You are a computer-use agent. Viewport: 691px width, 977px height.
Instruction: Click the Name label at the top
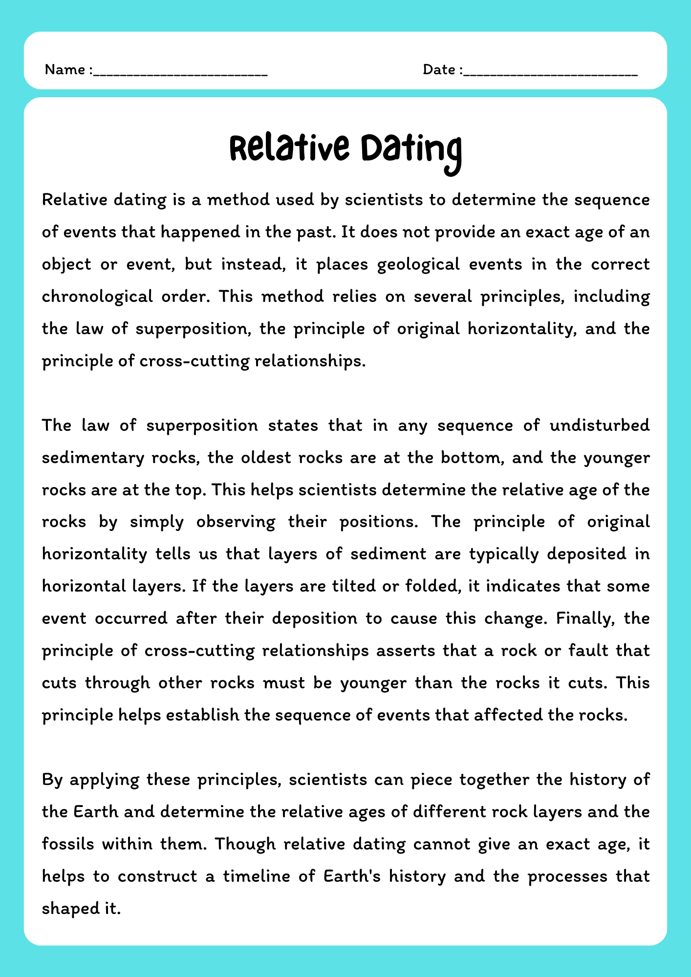point(65,70)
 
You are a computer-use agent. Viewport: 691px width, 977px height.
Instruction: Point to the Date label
point(439,70)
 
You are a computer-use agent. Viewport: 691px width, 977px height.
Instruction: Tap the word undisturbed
point(600,425)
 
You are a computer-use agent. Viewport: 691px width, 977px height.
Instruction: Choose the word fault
point(587,650)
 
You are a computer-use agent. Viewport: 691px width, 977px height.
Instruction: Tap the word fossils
point(68,844)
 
